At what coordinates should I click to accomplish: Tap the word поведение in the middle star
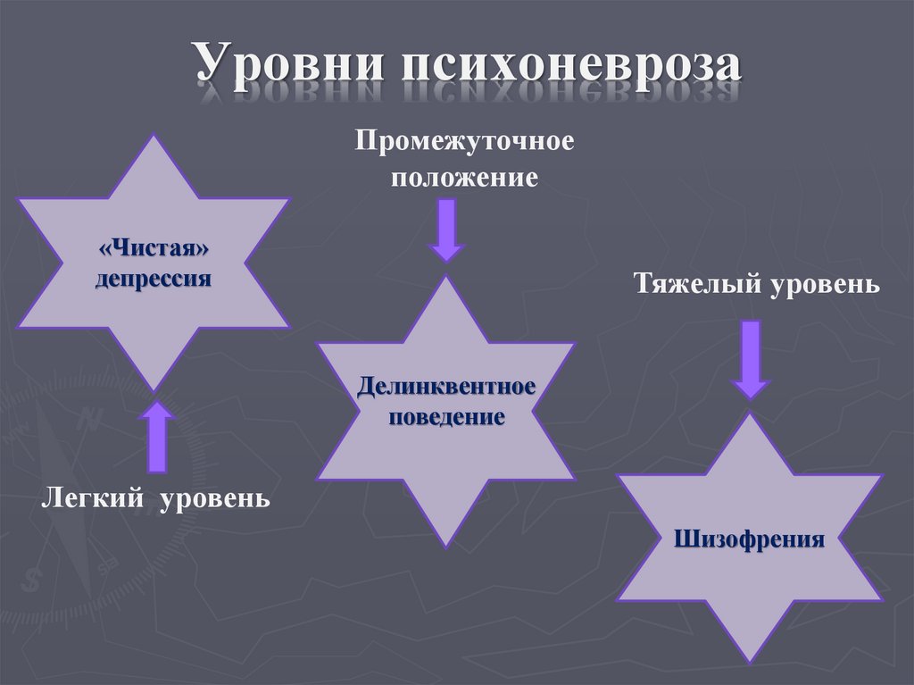point(446,416)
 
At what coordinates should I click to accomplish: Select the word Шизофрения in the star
point(749,539)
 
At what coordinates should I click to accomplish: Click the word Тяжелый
point(688,285)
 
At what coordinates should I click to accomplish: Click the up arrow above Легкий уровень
point(158,437)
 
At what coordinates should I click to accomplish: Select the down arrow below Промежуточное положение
point(446,229)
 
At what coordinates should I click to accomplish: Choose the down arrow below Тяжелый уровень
point(749,359)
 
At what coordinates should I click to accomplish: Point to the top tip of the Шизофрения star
point(749,416)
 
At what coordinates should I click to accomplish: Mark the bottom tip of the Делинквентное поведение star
point(446,544)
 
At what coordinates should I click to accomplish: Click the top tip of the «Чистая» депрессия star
point(154,138)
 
